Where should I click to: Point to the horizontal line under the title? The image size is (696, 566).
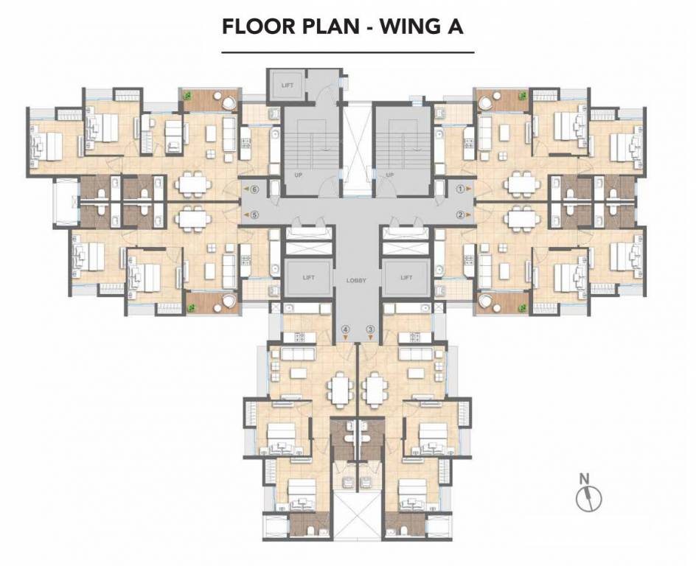tap(348, 52)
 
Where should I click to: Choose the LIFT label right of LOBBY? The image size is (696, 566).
tap(406, 278)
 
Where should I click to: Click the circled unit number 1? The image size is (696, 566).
tap(460, 189)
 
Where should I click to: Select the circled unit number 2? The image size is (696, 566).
tap(460, 215)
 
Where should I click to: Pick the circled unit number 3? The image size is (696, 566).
tap(370, 329)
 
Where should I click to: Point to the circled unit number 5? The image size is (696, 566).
tap(254, 215)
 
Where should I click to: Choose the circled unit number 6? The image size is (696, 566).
tap(254, 189)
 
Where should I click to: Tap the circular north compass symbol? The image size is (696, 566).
tap(589, 499)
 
